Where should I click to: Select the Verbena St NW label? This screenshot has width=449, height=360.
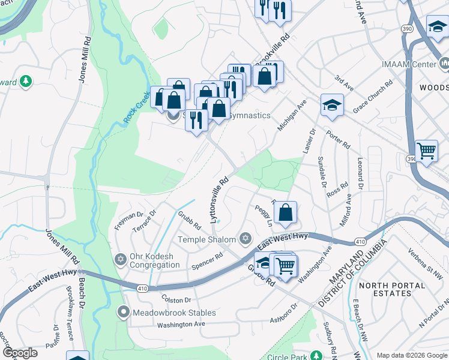(x=425, y=259)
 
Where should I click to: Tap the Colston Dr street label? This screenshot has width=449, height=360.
(x=175, y=299)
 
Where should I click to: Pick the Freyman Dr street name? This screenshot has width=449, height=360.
(x=128, y=220)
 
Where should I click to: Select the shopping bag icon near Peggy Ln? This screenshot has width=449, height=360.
(x=286, y=212)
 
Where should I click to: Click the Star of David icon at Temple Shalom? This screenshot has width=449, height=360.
(x=244, y=239)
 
